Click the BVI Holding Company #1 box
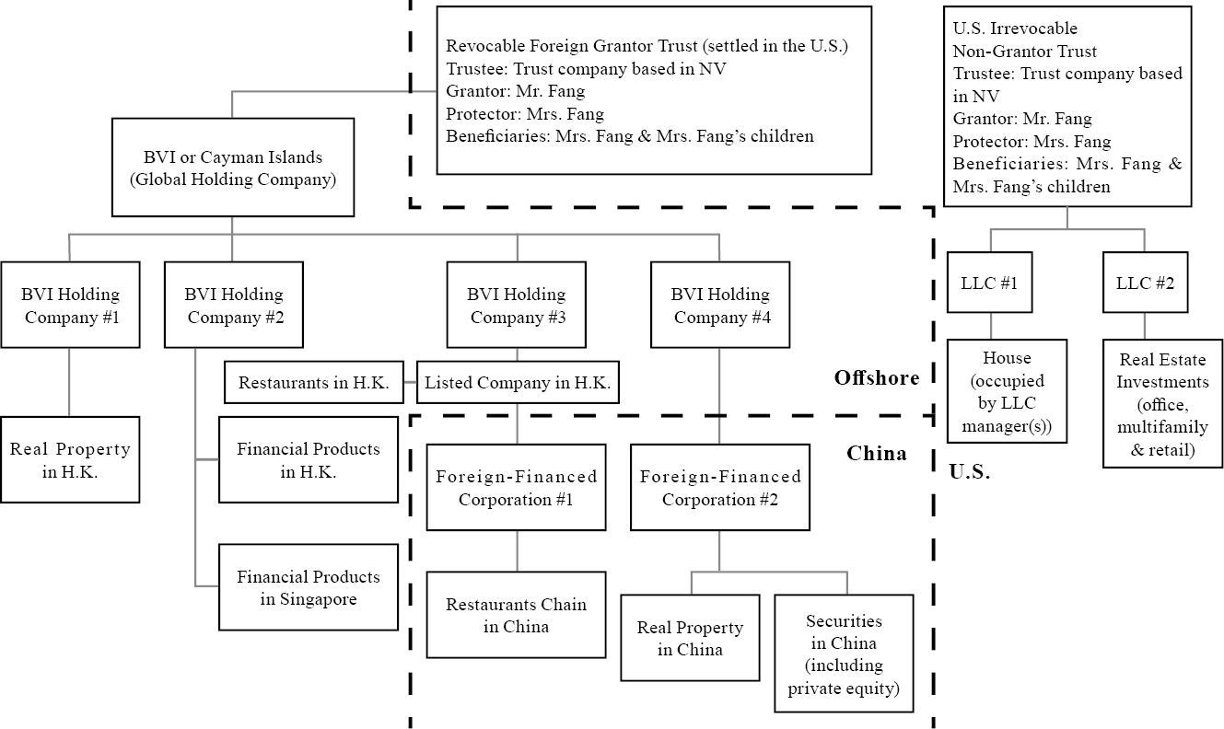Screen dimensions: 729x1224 70,305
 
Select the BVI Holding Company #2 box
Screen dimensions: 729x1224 233,305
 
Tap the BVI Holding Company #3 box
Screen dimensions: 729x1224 517,305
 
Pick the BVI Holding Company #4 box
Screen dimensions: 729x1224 719,305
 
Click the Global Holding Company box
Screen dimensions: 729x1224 232,168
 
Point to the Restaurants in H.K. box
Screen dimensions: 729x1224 313,382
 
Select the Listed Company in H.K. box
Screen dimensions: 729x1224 517,382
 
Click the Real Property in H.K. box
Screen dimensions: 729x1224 70,459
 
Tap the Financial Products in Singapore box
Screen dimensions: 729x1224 308,587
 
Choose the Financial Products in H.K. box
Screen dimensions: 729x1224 308,460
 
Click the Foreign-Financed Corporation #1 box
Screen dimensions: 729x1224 517,487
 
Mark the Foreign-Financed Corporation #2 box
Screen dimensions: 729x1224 720,487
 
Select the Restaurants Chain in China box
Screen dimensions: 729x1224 517,615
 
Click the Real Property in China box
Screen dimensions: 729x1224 690,638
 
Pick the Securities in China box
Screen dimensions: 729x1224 844,654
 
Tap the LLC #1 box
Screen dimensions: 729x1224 990,283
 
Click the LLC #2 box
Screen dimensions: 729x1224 1145,283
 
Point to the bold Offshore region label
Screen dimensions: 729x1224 876,377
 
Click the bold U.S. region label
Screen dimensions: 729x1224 970,472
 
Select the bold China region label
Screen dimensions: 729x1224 876,453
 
